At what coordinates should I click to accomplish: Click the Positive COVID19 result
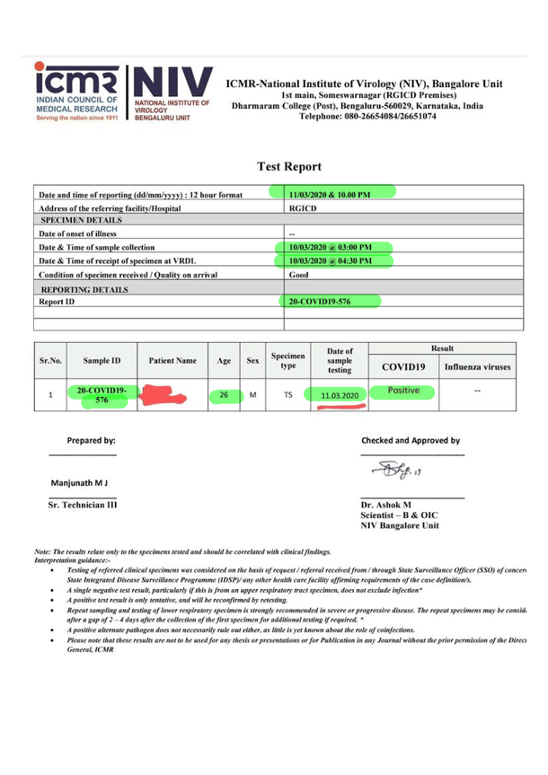(402, 391)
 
